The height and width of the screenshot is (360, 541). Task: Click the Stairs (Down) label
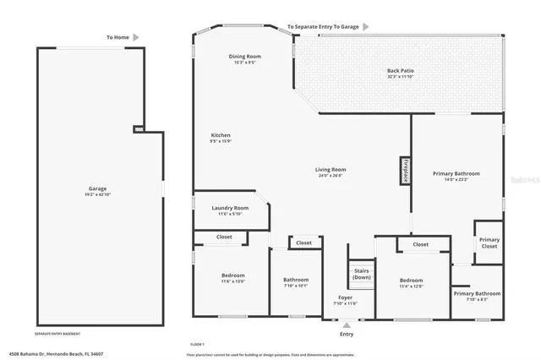pos(362,274)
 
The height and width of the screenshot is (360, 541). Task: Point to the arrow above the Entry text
pos(346,325)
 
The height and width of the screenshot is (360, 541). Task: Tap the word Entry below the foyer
pos(347,335)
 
